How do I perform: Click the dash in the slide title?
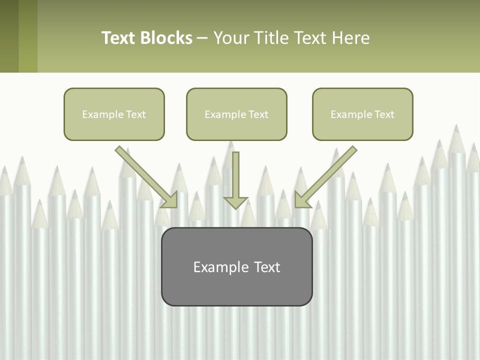click(202, 38)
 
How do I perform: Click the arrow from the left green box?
click(145, 175)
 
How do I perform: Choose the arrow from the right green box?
click(327, 175)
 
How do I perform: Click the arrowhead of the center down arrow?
click(235, 202)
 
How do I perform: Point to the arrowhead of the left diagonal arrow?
click(170, 199)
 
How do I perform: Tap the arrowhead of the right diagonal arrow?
click(302, 199)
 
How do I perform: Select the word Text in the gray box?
click(267, 267)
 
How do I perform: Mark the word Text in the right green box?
click(384, 114)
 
